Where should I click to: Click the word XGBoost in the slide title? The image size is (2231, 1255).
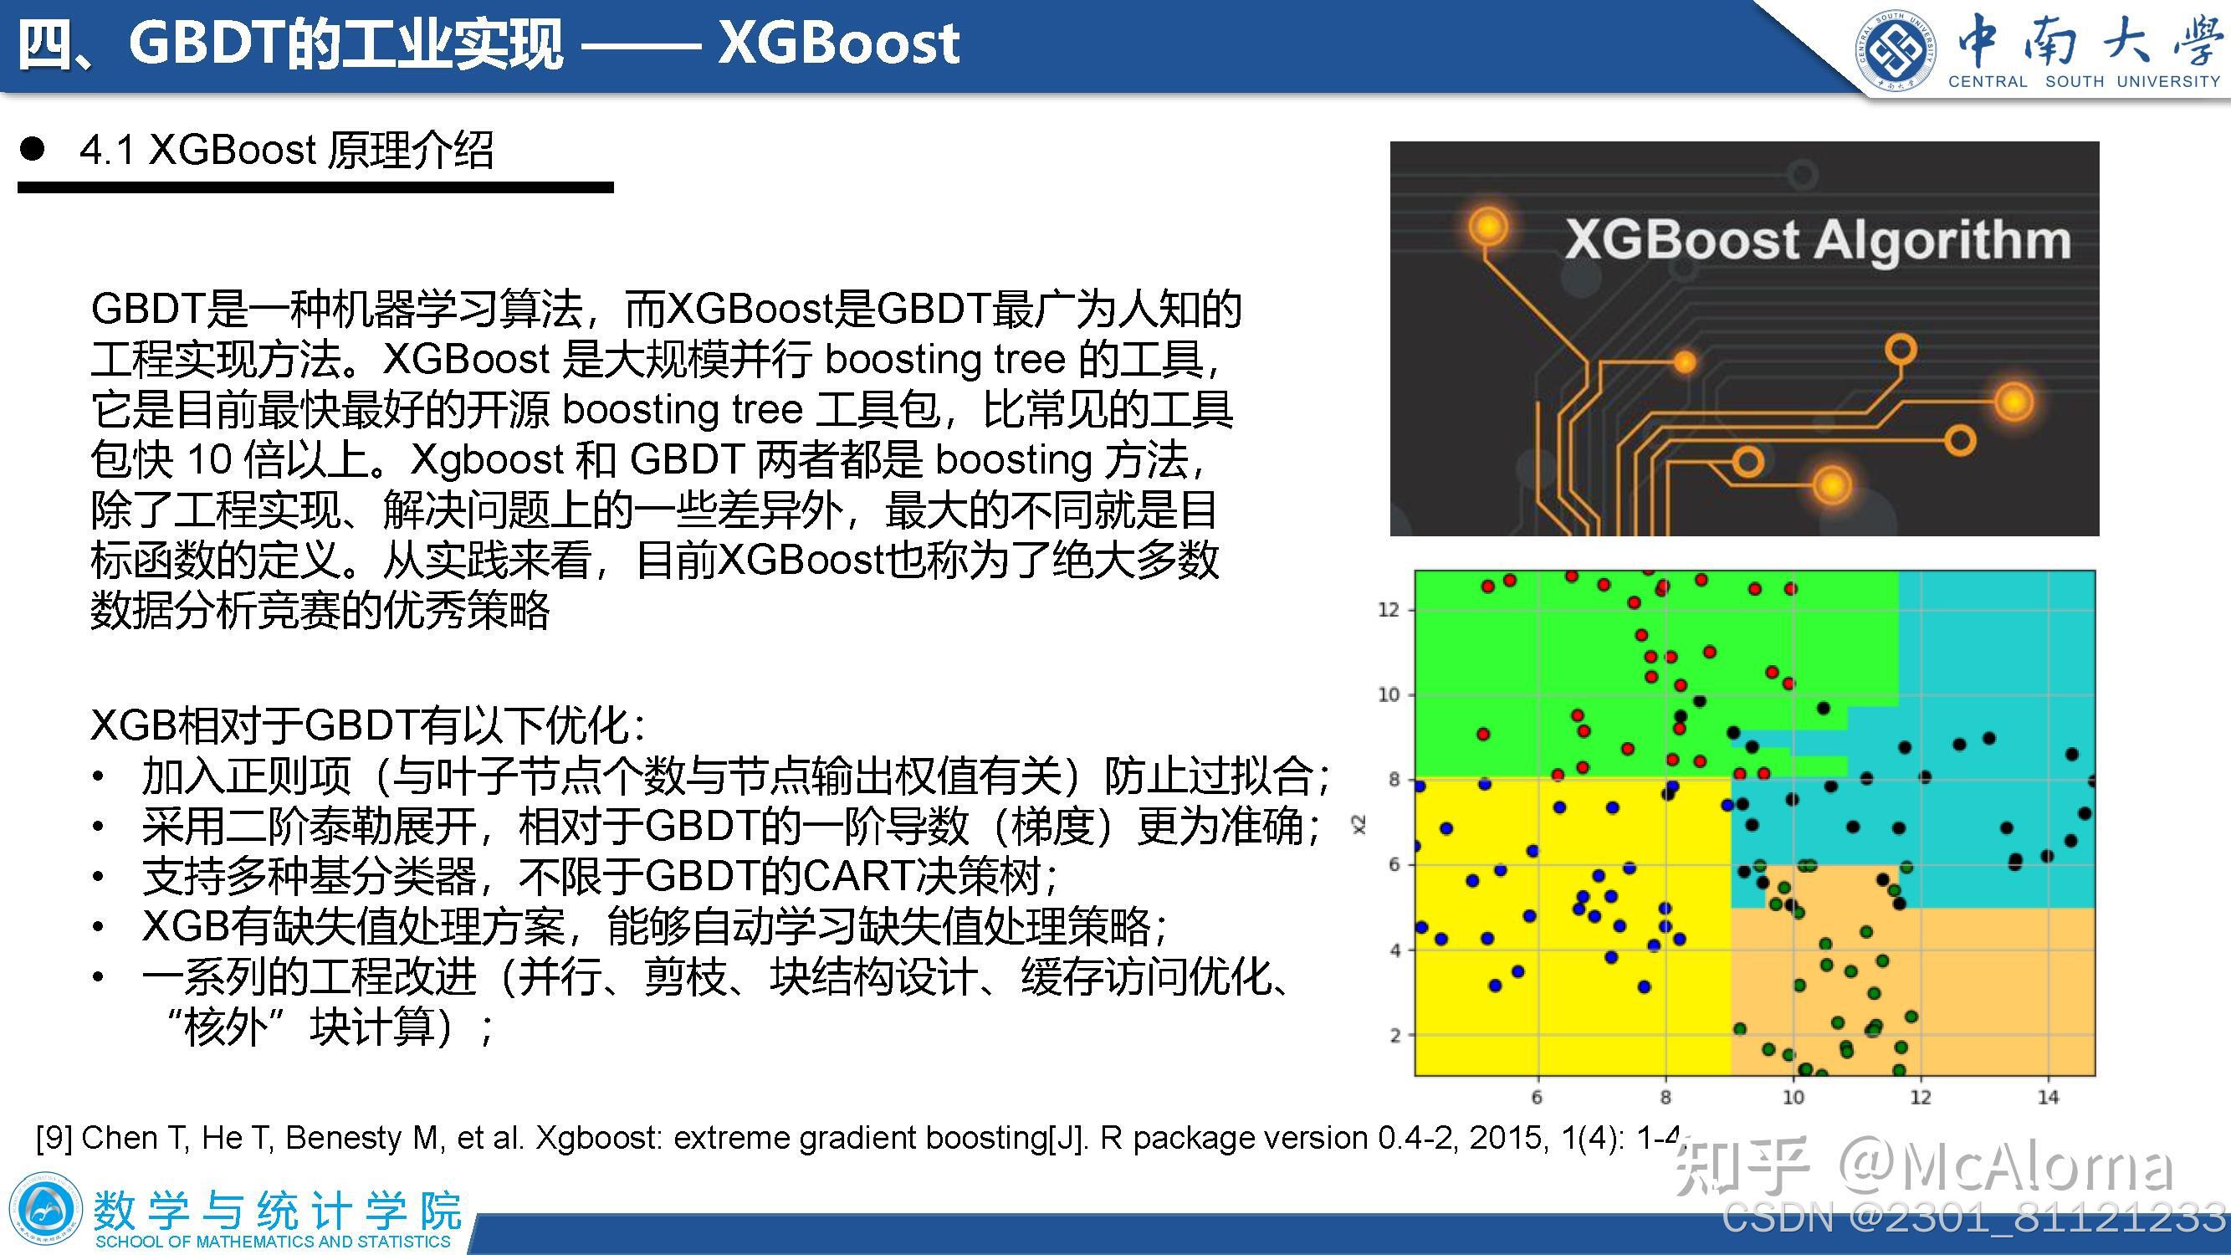pos(838,44)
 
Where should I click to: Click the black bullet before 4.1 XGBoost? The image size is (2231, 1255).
pos(32,150)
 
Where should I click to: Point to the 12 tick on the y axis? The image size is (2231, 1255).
pos(1389,610)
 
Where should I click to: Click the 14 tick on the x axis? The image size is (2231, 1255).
pos(2048,1098)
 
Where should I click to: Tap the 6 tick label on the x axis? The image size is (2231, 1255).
pos(1538,1098)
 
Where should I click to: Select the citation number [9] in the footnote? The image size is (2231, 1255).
pos(54,1137)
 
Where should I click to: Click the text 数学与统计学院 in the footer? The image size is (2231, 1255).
pos(277,1210)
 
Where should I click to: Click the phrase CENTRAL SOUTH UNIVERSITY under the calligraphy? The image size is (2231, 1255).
pos(2084,82)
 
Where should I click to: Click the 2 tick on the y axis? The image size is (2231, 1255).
pos(1394,1035)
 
